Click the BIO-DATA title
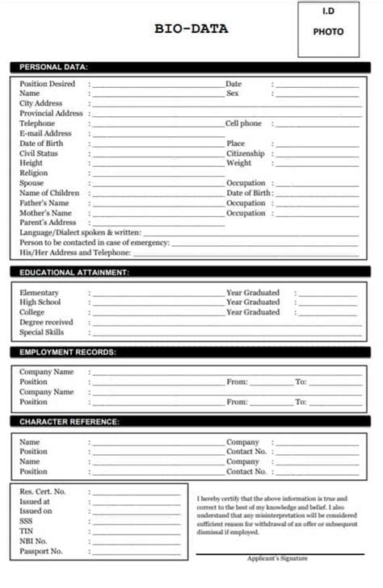(191, 29)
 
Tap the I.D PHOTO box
(328, 29)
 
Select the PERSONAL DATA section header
(53, 67)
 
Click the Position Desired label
(47, 84)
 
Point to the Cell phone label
(243, 123)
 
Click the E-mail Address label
(45, 134)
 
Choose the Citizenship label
(246, 153)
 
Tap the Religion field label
(34, 173)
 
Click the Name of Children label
(49, 193)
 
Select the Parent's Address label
(48, 223)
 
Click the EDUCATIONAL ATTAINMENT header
(74, 273)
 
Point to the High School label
(40, 302)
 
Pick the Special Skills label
(42, 332)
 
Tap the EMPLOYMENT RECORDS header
(68, 352)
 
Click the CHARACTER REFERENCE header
(69, 422)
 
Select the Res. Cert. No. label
(43, 491)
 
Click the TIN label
(26, 532)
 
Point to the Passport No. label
(40, 552)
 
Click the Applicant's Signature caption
(277, 558)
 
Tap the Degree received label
(46, 322)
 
